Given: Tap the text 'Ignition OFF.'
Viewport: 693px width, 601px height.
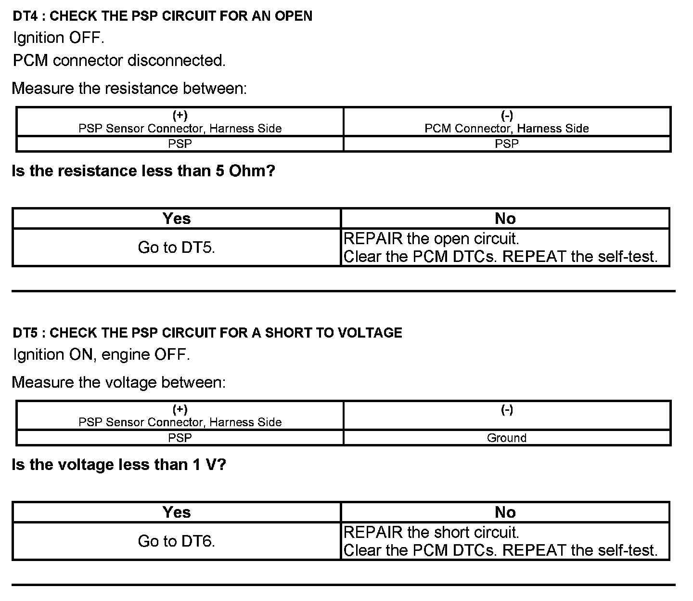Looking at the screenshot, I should tap(58, 38).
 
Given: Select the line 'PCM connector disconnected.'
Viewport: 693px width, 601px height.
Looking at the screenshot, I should tap(119, 61).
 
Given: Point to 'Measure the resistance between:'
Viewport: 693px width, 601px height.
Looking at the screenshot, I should tap(129, 89).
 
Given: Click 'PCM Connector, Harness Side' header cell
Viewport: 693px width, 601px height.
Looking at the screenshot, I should tap(506, 128).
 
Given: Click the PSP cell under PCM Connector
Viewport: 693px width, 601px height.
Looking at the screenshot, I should tap(506, 144).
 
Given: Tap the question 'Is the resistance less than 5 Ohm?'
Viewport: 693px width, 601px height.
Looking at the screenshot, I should tap(143, 171).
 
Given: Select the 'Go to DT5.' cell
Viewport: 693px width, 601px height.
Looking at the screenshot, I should tap(176, 248).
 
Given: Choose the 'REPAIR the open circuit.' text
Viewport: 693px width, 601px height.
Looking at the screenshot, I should tap(431, 239).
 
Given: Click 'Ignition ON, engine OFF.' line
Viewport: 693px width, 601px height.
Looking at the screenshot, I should tap(101, 355).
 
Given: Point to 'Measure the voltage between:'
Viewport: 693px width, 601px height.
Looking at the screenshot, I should tap(118, 382).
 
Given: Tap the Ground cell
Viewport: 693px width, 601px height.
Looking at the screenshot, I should tap(506, 438).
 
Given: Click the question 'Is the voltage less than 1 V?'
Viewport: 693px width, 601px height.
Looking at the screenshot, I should tap(118, 465).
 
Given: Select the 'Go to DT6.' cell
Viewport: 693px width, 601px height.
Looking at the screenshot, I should tap(176, 541).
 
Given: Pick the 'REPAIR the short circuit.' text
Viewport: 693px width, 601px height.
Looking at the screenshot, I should tap(431, 533).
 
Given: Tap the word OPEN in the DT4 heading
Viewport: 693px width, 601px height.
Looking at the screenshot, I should tap(293, 16).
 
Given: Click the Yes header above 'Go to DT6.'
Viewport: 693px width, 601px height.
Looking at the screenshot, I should tap(176, 512).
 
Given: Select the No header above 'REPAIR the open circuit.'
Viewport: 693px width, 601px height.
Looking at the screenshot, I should tap(505, 219).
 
